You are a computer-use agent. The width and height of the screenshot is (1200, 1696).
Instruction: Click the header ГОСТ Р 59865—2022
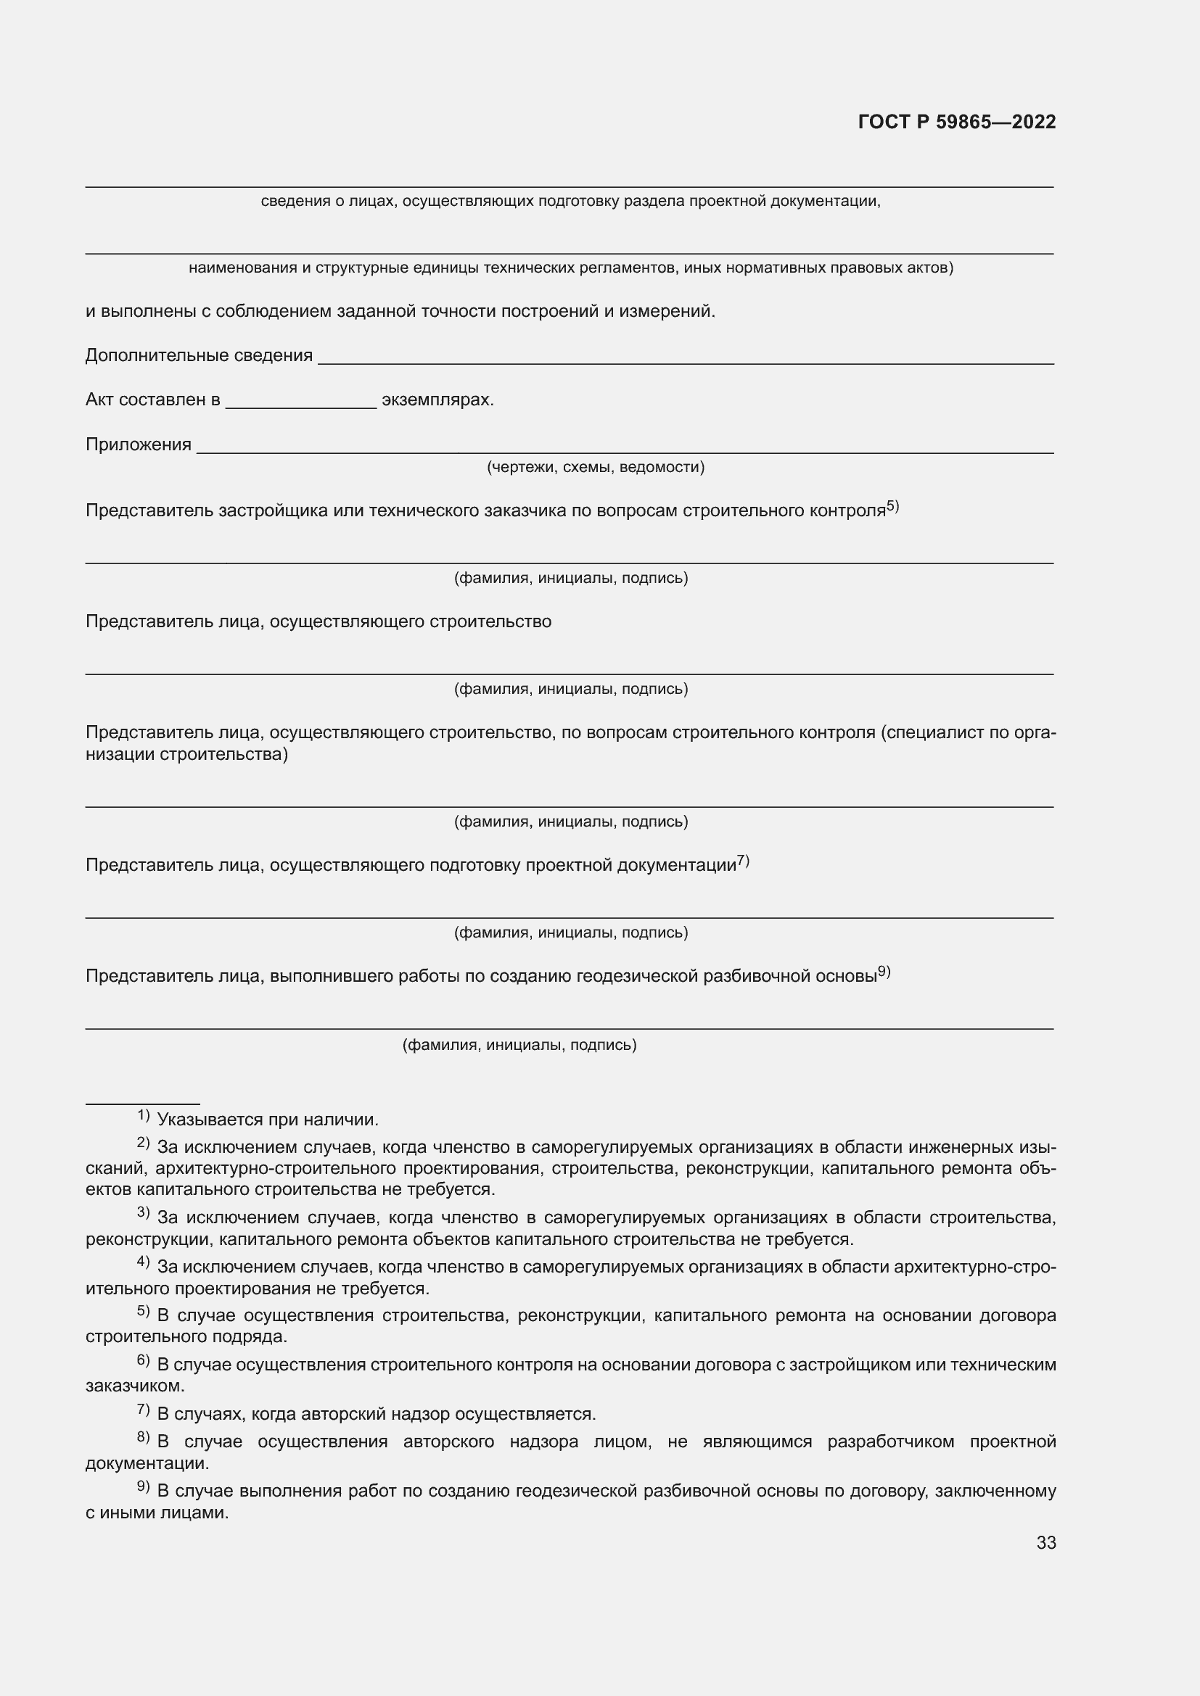point(956,122)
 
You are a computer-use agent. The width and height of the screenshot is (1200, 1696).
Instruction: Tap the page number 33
point(1045,1542)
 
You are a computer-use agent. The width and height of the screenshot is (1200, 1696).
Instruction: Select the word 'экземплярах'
point(437,400)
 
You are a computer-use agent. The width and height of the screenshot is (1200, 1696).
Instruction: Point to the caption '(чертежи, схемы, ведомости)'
point(595,467)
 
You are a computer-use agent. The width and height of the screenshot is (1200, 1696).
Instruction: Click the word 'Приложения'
point(138,444)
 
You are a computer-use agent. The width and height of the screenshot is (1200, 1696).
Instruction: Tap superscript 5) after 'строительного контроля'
point(892,506)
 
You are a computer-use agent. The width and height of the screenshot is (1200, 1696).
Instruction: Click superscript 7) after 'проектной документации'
point(743,860)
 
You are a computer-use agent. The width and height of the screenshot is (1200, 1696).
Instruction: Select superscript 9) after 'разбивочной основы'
point(884,972)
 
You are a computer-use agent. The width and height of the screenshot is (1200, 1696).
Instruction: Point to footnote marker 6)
point(144,1359)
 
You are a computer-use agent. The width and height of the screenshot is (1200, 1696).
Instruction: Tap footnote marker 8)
point(144,1436)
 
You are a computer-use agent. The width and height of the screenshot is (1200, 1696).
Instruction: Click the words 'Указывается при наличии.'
point(268,1120)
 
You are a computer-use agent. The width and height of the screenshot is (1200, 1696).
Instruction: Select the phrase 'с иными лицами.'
point(157,1512)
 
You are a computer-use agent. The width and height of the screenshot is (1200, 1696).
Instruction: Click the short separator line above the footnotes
point(142,1104)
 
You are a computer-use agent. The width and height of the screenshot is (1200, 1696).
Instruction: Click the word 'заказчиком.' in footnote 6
point(134,1386)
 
